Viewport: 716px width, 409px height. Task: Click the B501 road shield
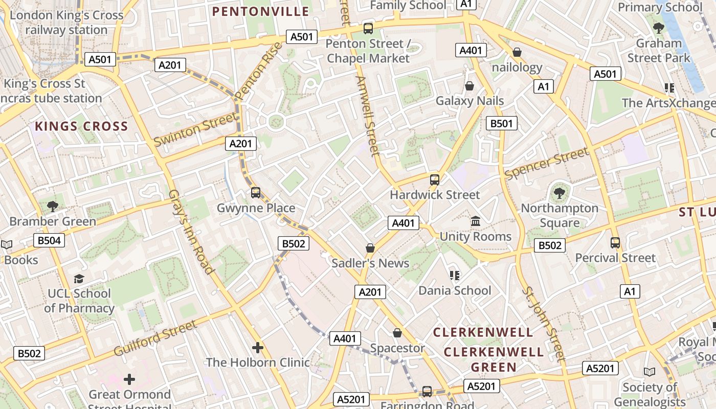501,123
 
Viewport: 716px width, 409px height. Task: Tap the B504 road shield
49,240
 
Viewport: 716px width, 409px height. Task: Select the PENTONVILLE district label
261,11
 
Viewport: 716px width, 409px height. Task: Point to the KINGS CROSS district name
81,126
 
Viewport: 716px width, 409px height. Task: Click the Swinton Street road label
196,129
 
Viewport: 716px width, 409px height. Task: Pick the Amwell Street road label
368,116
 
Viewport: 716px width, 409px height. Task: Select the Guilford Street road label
155,338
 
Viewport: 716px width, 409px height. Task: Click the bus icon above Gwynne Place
256,193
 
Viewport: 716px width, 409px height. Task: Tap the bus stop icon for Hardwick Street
435,179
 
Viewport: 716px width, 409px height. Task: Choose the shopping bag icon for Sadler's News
370,248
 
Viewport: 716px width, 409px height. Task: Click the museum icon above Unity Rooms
476,221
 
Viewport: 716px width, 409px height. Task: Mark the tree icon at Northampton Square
560,193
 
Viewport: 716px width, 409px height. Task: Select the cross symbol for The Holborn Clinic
258,348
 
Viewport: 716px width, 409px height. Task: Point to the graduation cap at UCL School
79,279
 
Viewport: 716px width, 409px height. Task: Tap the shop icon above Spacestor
397,333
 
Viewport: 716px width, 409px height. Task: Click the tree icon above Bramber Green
52,207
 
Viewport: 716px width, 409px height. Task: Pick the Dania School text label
455,290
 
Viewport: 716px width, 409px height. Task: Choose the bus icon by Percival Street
615,243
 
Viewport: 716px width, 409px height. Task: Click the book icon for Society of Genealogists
650,372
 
